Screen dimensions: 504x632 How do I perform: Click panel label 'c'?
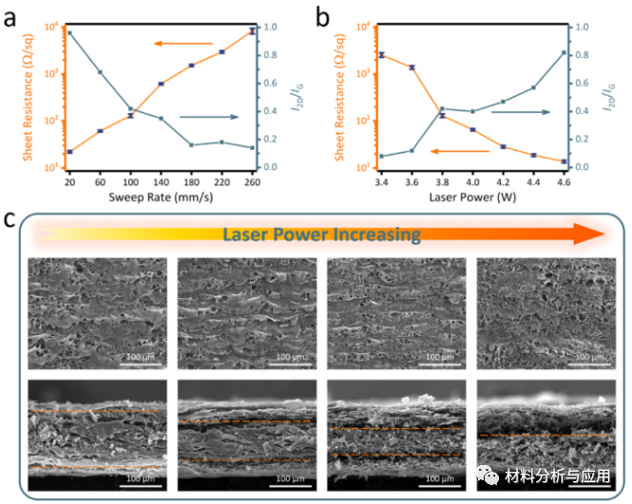(x=10, y=220)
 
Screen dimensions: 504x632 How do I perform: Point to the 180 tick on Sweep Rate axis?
(x=192, y=180)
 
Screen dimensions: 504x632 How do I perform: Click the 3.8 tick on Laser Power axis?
(x=442, y=180)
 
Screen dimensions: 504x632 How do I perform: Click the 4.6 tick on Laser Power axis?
(x=565, y=180)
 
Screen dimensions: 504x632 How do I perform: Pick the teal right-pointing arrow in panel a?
(x=209, y=117)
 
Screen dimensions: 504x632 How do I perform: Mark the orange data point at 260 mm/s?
(x=252, y=31)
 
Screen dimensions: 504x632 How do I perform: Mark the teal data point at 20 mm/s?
(x=69, y=34)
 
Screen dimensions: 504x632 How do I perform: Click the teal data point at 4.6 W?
(x=565, y=52)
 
